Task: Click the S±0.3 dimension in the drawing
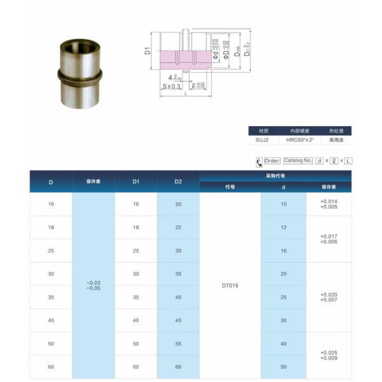tap(171, 86)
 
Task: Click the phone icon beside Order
tap(258, 161)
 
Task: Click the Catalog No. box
tap(298, 161)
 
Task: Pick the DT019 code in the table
tap(230, 285)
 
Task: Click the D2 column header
tap(178, 182)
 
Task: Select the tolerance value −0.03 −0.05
tap(93, 285)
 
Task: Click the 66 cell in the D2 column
tap(178, 367)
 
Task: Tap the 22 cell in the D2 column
tap(178, 227)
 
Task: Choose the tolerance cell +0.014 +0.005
tap(329, 204)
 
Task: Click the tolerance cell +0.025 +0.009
tap(329, 355)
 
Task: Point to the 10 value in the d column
tap(283, 204)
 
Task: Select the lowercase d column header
tap(283, 187)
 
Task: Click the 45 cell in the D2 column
tap(178, 320)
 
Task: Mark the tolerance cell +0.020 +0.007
tap(329, 297)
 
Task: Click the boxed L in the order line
tap(348, 161)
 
